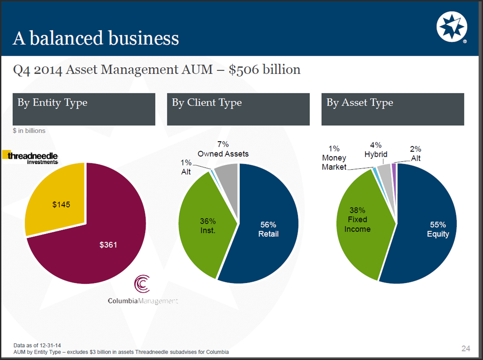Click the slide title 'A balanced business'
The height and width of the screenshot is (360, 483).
pos(96,38)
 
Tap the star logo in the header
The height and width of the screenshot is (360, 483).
pos(452,27)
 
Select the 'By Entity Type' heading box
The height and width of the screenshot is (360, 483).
pos(84,109)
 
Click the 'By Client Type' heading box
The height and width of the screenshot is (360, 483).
pos(238,109)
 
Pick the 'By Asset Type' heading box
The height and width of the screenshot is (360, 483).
pos(393,109)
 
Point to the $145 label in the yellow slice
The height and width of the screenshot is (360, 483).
pos(61,205)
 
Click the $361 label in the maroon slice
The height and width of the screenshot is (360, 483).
pos(108,244)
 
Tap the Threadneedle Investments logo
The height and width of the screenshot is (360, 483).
pos(30,157)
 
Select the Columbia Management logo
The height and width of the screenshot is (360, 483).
pos(143,290)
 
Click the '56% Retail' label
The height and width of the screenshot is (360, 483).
pos(268,229)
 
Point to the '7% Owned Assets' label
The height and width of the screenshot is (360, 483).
pos(223,149)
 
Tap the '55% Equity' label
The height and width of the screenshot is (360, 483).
pos(438,229)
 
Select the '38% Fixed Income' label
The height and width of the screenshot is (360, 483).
pos(357,219)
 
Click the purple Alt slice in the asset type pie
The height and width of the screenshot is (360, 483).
pos(394,166)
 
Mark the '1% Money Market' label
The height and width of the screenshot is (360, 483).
pos(334,158)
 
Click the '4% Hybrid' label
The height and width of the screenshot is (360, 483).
pos(376,150)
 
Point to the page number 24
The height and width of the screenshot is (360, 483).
pos(465,348)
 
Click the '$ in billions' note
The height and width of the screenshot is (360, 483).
pos(29,131)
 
